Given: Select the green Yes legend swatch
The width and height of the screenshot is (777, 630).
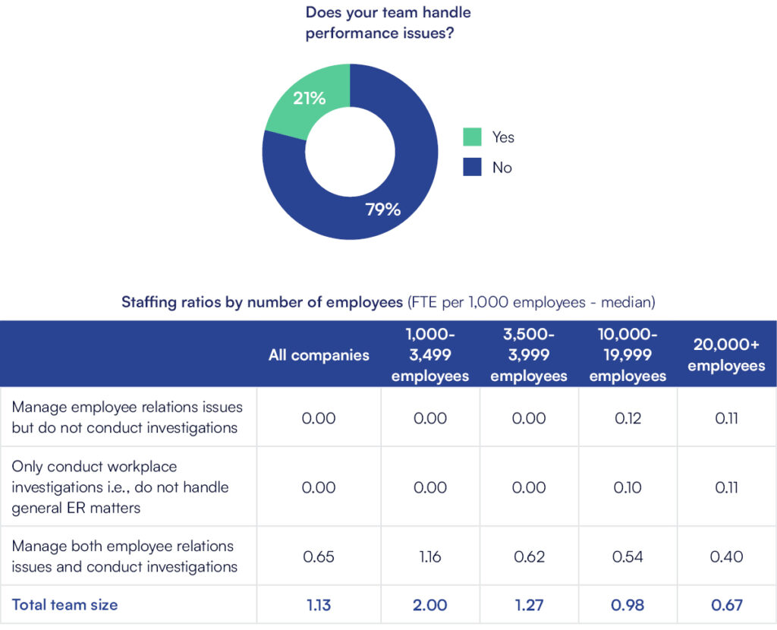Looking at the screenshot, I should pos(472,137).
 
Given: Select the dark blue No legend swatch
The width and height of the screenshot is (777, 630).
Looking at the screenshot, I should pos(472,167).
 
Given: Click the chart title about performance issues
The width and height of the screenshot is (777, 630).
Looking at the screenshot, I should pos(388,23).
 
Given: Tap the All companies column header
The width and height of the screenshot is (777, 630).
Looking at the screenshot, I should pos(319,355).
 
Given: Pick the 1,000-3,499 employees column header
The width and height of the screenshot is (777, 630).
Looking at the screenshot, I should pos(430,355).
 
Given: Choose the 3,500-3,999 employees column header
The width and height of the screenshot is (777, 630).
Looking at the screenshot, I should pos(529,355).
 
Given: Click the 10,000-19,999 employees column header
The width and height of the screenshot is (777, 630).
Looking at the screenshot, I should pos(628,355).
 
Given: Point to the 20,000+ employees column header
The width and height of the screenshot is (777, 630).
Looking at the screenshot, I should pos(727,355).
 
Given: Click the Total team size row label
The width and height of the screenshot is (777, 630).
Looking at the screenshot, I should pos(64,605).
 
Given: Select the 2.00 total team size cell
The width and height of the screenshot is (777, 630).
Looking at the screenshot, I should pos(430,605).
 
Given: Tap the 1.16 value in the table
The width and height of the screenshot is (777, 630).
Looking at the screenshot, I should pos(430,556).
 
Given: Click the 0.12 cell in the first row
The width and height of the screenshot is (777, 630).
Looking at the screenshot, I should pos(628,417).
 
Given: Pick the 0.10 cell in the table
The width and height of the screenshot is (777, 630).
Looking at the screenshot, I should pos(628,487).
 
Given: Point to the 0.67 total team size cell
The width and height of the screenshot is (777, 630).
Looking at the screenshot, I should pos(727,605).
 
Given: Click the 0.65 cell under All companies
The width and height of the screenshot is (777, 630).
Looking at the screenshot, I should pos(319,556).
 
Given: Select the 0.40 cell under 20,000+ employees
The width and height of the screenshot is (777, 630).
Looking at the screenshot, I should pos(727,556).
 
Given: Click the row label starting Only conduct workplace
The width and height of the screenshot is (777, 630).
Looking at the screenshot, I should pos(120,487).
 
